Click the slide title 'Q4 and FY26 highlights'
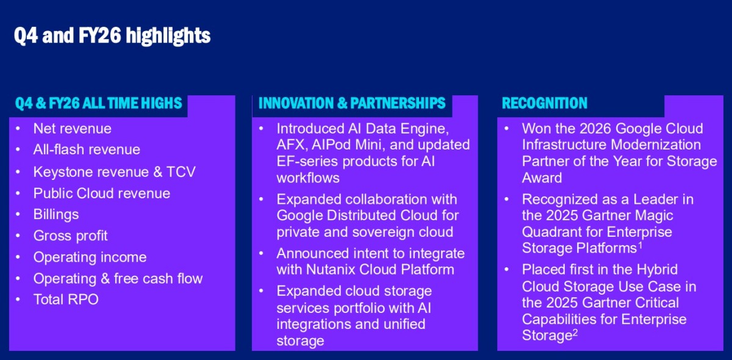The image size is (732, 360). (x=112, y=36)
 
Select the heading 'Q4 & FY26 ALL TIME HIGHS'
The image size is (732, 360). (x=99, y=103)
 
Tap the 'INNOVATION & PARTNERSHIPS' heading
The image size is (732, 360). (x=352, y=103)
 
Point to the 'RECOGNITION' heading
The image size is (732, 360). (x=544, y=103)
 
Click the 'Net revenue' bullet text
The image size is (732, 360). (x=72, y=129)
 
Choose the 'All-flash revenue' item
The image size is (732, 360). (x=87, y=149)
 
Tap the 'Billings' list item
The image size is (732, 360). (x=56, y=215)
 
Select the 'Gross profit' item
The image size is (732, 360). (x=70, y=236)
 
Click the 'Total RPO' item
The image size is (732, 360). (x=66, y=300)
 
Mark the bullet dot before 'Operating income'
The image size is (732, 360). (x=18, y=257)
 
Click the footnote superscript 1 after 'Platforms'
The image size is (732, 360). (x=640, y=245)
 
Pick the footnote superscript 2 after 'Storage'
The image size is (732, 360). (x=575, y=332)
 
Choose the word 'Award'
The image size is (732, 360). (x=542, y=178)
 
